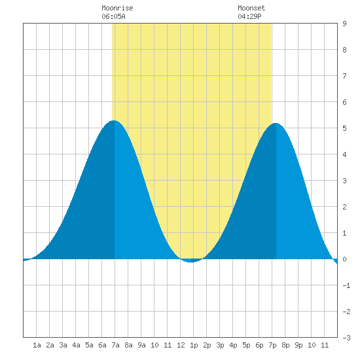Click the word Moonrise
pos(117,8)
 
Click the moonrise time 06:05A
pos(113,16)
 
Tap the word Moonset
pos(251,8)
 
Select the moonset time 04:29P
pos(249,16)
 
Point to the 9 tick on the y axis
pos(344,24)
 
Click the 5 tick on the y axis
pos(344,128)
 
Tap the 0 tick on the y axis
pos(344,259)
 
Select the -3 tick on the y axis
pos(347,338)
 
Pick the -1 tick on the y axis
pos(347,285)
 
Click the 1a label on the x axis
pos(37,345)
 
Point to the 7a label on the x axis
pos(115,345)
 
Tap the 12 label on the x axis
pos(181,345)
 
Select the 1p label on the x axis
pos(194,345)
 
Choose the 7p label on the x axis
pos(272,345)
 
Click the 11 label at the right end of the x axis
pos(325,345)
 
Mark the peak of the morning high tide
pos(114,120)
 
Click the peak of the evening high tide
pos(276,124)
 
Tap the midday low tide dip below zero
pos(191,261)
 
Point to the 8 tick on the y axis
pos(344,50)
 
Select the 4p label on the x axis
pos(233,345)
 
